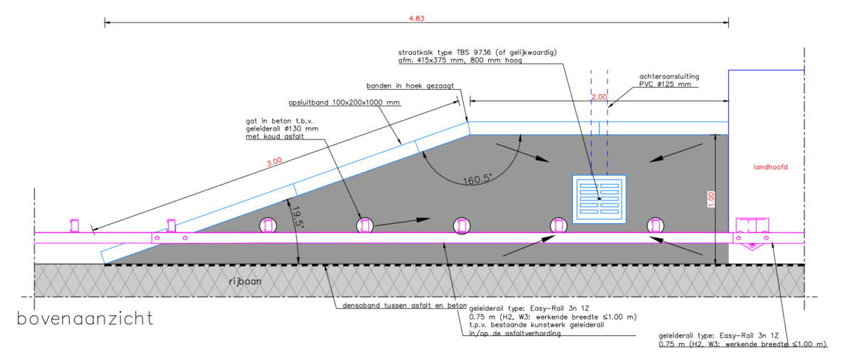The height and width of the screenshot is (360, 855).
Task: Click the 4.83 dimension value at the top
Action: (x=416, y=19)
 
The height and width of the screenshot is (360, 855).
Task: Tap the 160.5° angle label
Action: (x=477, y=179)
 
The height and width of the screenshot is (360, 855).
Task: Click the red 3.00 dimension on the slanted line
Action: (x=274, y=162)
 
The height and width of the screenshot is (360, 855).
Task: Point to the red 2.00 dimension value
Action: (x=599, y=97)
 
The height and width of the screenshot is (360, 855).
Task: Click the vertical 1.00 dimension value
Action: (x=711, y=200)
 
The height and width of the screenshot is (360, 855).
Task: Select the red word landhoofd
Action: (x=770, y=167)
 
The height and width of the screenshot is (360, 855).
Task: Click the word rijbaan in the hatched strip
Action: (x=245, y=282)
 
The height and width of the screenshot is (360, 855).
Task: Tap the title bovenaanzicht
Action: (x=85, y=319)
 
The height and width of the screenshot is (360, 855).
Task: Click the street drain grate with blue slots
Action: (x=599, y=199)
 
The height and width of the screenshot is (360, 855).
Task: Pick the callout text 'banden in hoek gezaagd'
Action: (x=410, y=86)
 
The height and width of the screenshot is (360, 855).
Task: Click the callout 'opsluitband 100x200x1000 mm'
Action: (x=344, y=103)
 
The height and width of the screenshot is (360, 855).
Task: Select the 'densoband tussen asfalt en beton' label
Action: (x=405, y=305)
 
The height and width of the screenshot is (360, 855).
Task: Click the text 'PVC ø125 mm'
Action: (x=665, y=84)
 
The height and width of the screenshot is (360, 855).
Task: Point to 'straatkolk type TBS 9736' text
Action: (x=445, y=52)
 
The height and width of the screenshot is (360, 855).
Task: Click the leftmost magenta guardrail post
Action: (x=74, y=225)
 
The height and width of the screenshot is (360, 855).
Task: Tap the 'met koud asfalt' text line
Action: (x=275, y=136)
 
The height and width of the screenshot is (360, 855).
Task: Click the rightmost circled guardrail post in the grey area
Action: (x=655, y=225)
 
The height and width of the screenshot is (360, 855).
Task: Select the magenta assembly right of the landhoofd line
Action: (x=752, y=234)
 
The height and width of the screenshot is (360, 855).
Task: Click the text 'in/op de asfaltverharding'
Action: (x=515, y=334)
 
